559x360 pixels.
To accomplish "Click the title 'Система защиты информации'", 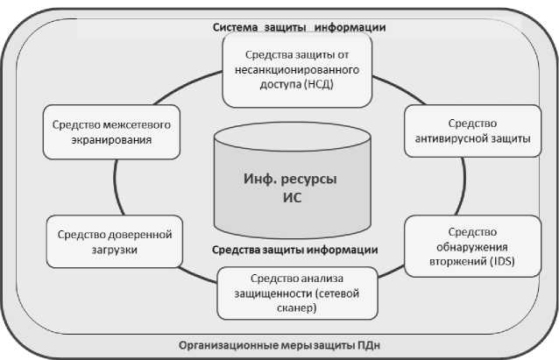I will [299, 26].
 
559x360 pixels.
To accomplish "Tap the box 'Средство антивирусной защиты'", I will [472, 131].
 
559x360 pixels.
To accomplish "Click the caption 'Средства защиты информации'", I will [294, 250].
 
